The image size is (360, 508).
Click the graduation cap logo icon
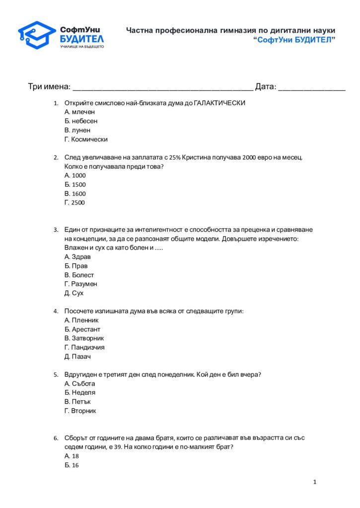pos(37,35)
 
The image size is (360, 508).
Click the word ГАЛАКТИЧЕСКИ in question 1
pos(219,103)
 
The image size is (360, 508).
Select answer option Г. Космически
pos(86,139)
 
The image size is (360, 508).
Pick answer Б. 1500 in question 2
pos(75,185)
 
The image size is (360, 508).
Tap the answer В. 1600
pos(75,193)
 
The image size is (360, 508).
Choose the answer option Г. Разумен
pos(81,284)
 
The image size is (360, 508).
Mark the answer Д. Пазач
pos(78,356)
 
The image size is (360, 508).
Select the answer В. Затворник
pos(84,338)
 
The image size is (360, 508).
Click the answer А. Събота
pos(79,383)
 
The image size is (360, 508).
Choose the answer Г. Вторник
pos(80,411)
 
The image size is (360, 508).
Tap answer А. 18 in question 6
pos(72,456)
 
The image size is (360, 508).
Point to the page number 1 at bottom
pos(315,482)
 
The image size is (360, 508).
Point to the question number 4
pos(56,312)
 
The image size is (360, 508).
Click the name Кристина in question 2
pos(197,157)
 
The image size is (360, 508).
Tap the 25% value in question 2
pos(175,157)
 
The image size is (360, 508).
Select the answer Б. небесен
pos(81,121)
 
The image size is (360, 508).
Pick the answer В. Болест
pos(79,275)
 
